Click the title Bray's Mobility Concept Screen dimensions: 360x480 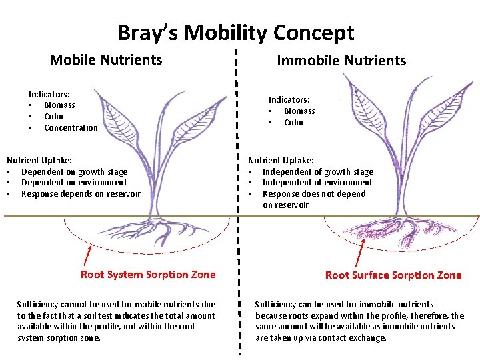click(x=235, y=33)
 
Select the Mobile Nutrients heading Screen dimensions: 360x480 click(x=106, y=60)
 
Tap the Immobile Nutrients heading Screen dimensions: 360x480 click(x=341, y=61)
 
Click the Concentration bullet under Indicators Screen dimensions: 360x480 click(x=70, y=128)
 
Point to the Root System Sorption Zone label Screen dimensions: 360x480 click(x=148, y=275)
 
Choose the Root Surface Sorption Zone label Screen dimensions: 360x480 click(x=393, y=275)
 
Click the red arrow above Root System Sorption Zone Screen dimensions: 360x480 click(x=87, y=255)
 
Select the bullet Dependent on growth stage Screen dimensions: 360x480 click(x=74, y=171)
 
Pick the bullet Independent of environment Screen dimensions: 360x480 click(x=317, y=183)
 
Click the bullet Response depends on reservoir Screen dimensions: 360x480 click(x=81, y=194)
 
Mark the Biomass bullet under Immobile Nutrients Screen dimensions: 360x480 click(x=299, y=111)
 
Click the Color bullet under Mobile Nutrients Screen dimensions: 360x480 click(x=54, y=117)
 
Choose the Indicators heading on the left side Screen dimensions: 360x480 click(x=49, y=95)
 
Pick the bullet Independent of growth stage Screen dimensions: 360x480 click(x=317, y=171)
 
